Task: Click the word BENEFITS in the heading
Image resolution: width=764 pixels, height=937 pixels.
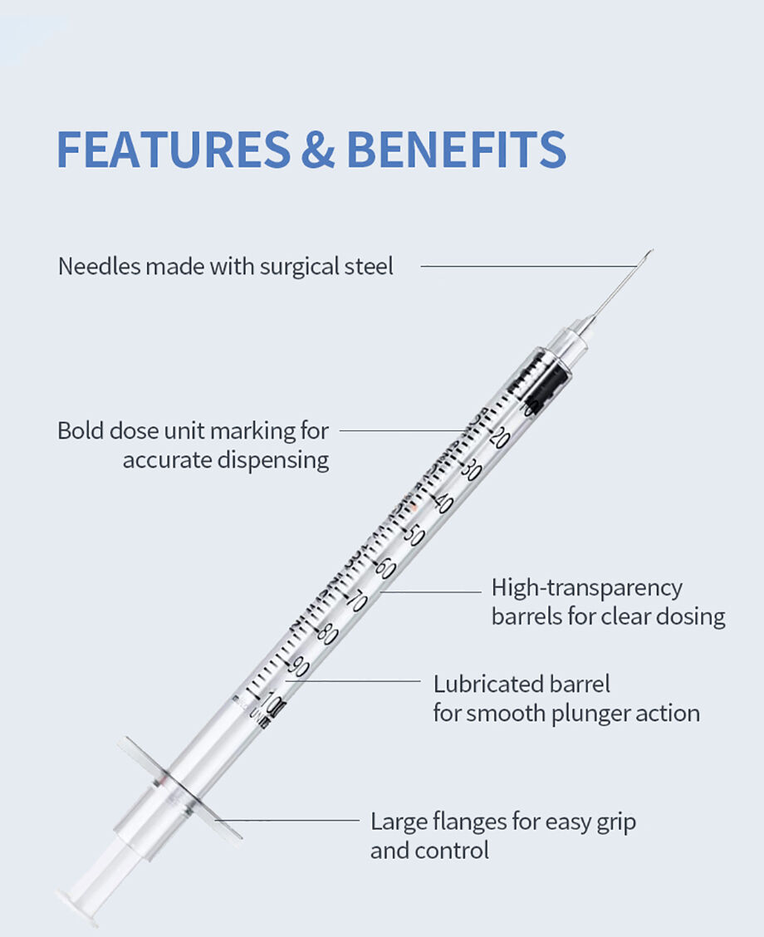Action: (456, 149)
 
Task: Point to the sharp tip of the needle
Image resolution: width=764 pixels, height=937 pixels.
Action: (652, 250)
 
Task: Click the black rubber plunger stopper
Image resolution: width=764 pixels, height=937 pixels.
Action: (549, 383)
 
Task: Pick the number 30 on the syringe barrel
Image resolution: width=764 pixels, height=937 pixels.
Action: (472, 470)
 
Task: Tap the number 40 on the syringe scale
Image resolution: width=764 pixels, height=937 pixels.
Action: (443, 503)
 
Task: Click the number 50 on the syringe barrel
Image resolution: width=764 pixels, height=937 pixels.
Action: (414, 535)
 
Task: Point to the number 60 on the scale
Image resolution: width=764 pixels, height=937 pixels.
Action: (384, 568)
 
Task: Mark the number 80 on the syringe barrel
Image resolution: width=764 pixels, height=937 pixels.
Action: (327, 634)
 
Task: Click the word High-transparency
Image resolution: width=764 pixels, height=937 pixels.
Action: (586, 588)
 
